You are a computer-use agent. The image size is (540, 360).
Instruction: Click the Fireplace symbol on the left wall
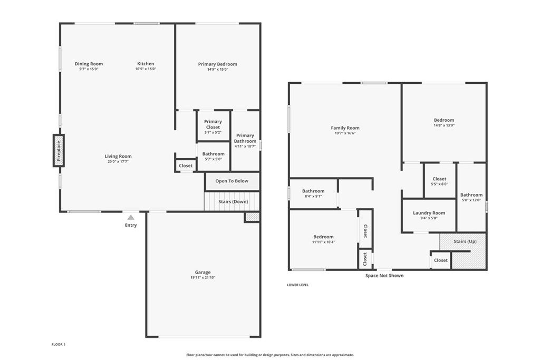click(x=59, y=151)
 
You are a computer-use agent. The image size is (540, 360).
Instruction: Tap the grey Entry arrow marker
click(x=131, y=217)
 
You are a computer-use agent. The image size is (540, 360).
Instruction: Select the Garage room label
click(x=203, y=272)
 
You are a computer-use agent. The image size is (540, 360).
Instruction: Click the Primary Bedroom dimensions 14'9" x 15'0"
click(x=218, y=69)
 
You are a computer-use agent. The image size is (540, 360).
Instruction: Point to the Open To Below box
click(x=232, y=181)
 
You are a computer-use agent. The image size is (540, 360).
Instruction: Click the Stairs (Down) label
click(x=233, y=202)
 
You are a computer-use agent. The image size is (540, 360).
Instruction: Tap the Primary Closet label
click(x=213, y=124)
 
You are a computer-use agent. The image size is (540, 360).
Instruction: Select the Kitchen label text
click(x=146, y=64)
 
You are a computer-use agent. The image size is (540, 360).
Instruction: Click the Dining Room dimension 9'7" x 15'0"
click(x=89, y=69)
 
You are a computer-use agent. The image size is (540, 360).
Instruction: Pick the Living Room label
click(x=118, y=156)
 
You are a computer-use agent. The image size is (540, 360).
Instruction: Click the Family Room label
click(x=345, y=128)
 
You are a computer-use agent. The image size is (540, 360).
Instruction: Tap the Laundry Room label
click(x=429, y=213)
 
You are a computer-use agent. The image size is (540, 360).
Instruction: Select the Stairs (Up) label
click(x=465, y=241)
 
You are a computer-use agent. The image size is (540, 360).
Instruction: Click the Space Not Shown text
click(x=384, y=276)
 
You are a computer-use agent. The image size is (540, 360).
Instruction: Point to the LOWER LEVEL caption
click(x=298, y=285)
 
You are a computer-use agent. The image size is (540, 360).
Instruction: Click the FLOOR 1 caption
click(x=59, y=345)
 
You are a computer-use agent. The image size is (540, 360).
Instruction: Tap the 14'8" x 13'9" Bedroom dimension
click(x=444, y=125)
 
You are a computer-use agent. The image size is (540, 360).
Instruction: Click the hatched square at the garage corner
click(x=252, y=217)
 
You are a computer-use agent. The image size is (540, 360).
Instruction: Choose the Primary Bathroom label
click(x=245, y=138)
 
